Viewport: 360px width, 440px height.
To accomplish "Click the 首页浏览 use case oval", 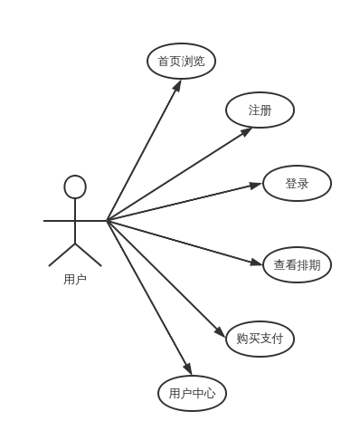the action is (x=181, y=62).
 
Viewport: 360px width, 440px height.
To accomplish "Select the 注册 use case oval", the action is (x=260, y=110).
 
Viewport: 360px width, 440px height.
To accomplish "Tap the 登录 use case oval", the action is (x=297, y=184).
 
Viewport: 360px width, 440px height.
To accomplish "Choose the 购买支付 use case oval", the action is (x=260, y=340).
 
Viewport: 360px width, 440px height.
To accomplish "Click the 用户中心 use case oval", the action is (x=192, y=393).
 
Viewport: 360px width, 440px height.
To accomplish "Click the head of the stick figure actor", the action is (x=75, y=187).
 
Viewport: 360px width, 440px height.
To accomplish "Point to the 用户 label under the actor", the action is (x=75, y=280).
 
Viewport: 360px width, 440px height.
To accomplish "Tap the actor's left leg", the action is (x=62, y=254).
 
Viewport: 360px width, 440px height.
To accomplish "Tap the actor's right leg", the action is (x=89, y=254).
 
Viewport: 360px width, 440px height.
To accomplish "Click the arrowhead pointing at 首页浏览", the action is (x=177, y=86).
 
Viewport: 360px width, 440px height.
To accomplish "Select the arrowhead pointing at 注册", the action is (x=246, y=131).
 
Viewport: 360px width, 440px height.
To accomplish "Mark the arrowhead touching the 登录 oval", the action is (x=255, y=186).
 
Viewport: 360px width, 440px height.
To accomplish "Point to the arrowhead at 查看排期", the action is (x=256, y=263).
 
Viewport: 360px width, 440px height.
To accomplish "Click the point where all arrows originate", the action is (x=107, y=220).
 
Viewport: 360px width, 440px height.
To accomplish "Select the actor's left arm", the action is (x=59, y=220).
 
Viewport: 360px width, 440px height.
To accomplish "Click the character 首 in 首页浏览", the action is (x=164, y=62).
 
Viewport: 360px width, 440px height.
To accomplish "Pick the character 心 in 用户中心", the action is (x=210, y=393).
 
